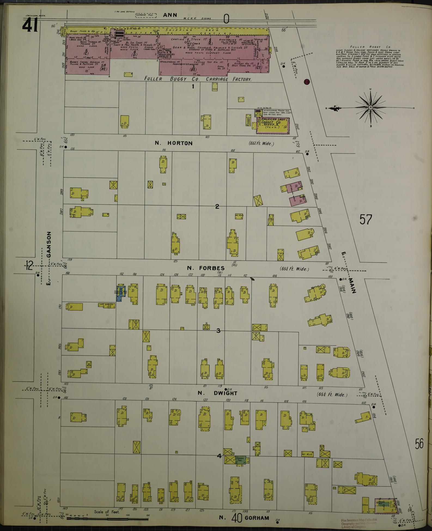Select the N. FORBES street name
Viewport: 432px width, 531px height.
pos(202,268)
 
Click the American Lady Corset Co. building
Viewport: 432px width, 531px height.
pos(273,125)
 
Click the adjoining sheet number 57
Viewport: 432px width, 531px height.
pos(366,219)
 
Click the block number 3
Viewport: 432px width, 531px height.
pos(218,331)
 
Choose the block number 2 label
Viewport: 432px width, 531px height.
pos(217,207)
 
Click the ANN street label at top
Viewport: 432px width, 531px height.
pos(170,15)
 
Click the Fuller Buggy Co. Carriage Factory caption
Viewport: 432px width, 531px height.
pos(197,79)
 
